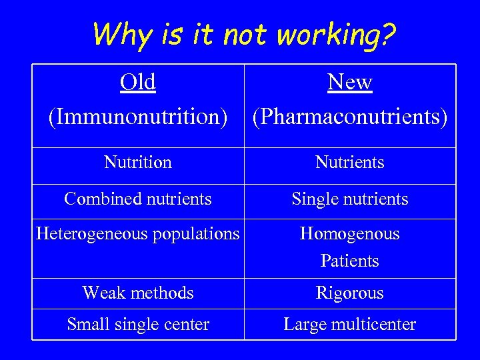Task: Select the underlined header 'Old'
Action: (138, 82)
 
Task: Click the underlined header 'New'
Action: (350, 82)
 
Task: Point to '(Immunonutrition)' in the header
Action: (138, 116)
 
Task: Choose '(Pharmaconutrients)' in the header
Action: (350, 116)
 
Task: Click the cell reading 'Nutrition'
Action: (138, 162)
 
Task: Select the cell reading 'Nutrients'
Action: (350, 162)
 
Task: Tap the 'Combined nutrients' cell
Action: (138, 199)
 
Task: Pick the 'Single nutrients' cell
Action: (350, 199)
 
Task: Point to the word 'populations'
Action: (197, 234)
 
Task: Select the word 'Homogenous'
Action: (350, 234)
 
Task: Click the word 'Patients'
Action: (350, 261)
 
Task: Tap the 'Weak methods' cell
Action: (138, 293)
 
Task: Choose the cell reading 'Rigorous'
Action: (350, 293)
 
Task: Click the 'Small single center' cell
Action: (138, 325)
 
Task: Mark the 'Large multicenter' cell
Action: (350, 325)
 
